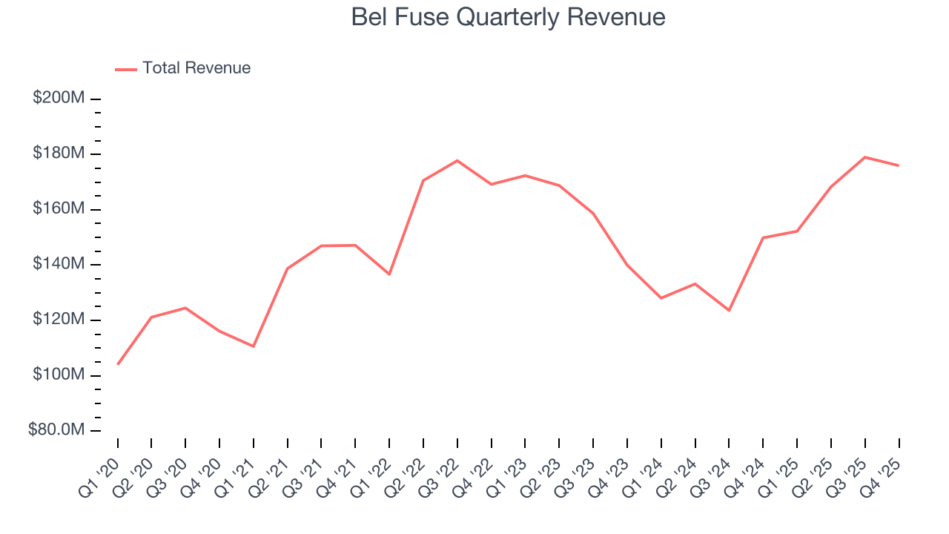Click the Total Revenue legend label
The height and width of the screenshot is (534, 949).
pos(196,68)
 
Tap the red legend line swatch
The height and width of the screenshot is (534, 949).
pos(126,69)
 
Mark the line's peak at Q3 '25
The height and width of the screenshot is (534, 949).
pos(865,157)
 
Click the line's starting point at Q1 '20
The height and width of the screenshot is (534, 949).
pos(118,364)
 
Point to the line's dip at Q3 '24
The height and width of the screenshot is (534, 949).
pos(729,310)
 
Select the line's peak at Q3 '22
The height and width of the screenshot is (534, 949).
pos(457,160)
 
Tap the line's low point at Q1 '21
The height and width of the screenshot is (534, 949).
pos(254,346)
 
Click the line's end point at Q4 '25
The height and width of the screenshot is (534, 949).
pos(899,165)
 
